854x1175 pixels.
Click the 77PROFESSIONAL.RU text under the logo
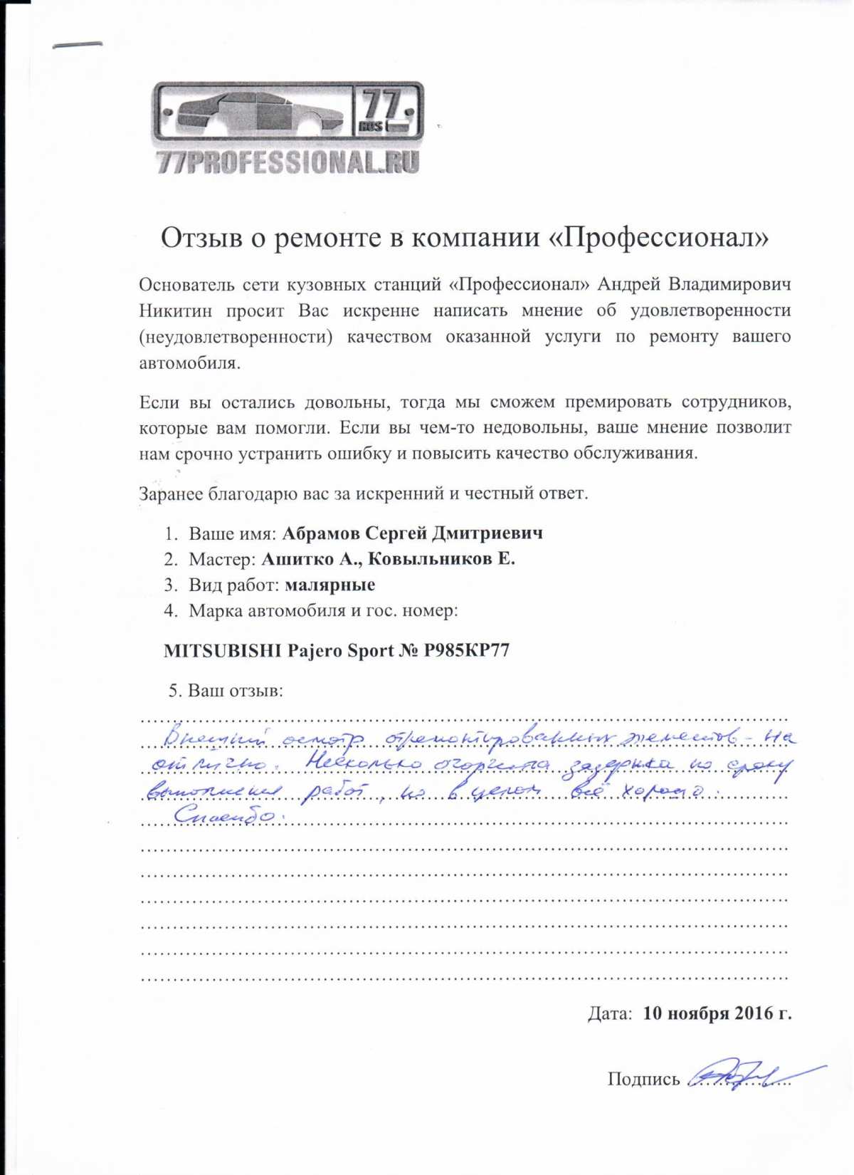click(x=288, y=162)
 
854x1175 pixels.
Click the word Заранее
click(x=170, y=493)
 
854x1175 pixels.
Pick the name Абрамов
click(x=321, y=533)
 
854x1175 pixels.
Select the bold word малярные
click(x=330, y=585)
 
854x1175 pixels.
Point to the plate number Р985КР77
click(x=467, y=651)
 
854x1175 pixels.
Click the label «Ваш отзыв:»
click(x=235, y=691)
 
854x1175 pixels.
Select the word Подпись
click(x=643, y=1080)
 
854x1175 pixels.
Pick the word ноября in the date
click(x=698, y=1013)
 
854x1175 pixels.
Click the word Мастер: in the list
click(x=222, y=559)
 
